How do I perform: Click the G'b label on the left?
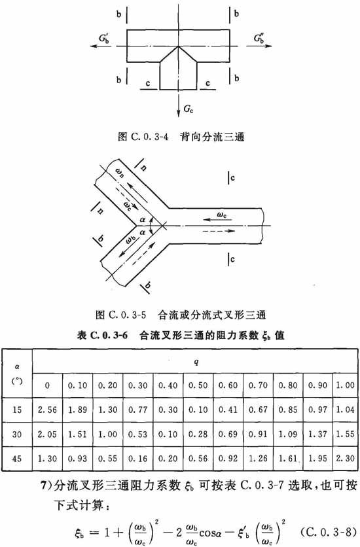pos(104,38)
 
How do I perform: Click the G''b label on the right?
pos(259,38)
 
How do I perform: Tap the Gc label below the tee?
pos(189,109)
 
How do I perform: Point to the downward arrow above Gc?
pos(178,103)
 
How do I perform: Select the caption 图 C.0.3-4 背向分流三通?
pos(181,137)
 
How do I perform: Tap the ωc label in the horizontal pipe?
pos(221,215)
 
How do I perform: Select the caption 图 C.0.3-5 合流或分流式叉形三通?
pos(181,315)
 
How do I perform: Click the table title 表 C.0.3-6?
pos(102,336)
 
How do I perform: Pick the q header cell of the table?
pos(196,362)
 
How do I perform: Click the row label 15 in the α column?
pos(17,410)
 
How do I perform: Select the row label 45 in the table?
pos(17,459)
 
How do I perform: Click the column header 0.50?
pos(198,385)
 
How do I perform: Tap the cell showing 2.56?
pos(47,410)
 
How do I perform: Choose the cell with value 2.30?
pos(346,459)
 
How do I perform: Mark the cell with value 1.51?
pos(77,434)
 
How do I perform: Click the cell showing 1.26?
pos(258,459)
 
